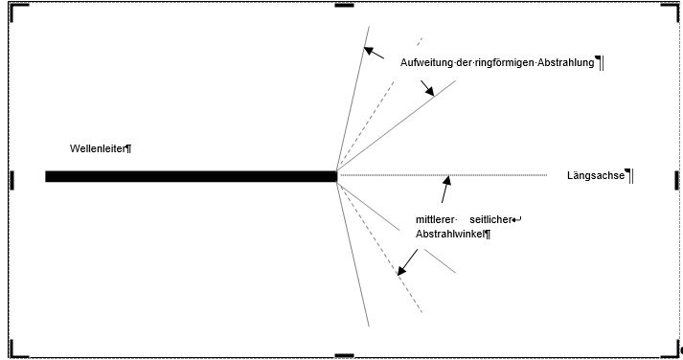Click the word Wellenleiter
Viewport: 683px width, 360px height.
(x=98, y=148)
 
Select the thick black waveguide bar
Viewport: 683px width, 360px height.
(x=192, y=176)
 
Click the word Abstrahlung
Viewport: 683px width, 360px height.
(x=566, y=62)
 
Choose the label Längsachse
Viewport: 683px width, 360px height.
(x=596, y=175)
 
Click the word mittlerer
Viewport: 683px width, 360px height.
(x=435, y=219)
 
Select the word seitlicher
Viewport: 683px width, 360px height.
(x=490, y=219)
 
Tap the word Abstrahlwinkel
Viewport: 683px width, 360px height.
(x=450, y=235)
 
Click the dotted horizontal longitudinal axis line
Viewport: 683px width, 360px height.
(x=444, y=175)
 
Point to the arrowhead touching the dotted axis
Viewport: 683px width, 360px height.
(x=447, y=179)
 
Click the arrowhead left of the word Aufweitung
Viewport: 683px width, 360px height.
(x=368, y=51)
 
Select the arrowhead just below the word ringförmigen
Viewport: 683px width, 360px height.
(x=429, y=91)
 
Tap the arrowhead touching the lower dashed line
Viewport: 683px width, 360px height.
(x=401, y=271)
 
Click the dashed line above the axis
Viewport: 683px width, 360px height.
(x=379, y=104)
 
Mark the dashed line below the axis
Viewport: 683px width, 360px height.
(x=379, y=247)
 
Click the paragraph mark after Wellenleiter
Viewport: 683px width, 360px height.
(x=128, y=148)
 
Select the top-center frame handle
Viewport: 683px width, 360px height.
(x=344, y=5)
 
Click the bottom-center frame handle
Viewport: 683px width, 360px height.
(x=344, y=355)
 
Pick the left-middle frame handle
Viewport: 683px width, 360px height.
(x=11, y=180)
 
